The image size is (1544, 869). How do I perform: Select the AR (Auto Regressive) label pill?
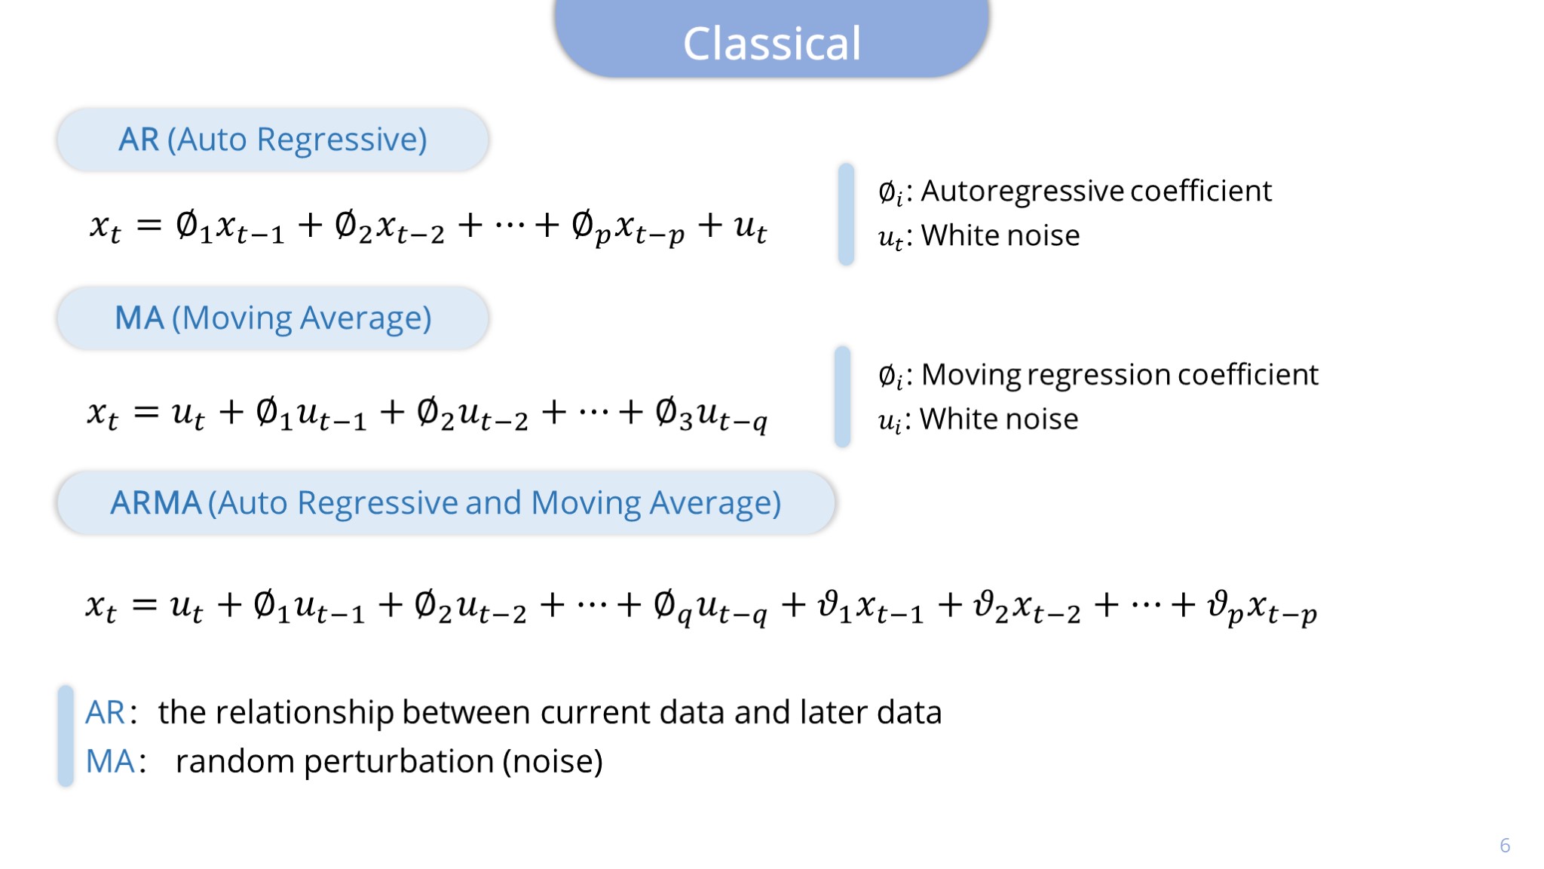coord(273,140)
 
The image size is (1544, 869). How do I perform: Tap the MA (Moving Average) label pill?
coord(273,318)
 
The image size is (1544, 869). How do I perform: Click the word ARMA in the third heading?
coord(156,503)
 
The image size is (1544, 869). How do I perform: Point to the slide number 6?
coord(1505,845)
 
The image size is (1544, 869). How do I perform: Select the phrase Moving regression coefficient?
coord(1120,375)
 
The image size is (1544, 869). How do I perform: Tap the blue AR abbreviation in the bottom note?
coord(105,712)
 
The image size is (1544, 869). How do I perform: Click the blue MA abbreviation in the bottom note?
coord(110,761)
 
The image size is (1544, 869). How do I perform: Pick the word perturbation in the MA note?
coord(398,762)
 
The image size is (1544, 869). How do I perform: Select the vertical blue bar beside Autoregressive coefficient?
coord(846,214)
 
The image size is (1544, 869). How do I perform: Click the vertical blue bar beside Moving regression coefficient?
coord(843,397)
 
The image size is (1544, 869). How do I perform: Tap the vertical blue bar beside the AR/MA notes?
coord(66,736)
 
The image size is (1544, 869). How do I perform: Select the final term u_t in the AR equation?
coord(751,227)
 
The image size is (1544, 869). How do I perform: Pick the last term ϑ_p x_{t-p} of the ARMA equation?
coord(1261,608)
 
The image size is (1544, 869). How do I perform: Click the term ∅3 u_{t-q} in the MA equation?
coord(711,415)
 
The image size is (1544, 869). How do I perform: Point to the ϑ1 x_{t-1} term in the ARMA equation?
coord(871,608)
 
